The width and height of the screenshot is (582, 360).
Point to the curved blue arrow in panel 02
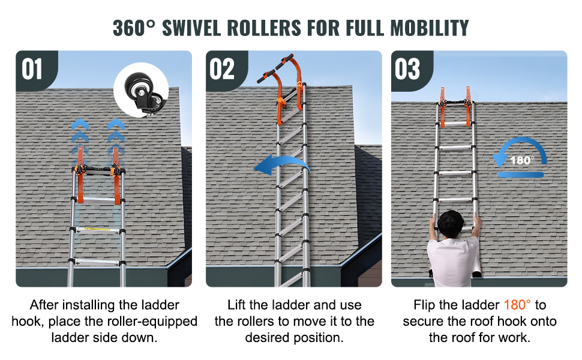tap(282, 161)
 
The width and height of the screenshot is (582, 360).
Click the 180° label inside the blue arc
tap(522, 160)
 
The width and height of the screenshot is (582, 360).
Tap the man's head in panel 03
tap(451, 224)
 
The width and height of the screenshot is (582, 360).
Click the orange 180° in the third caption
tap(517, 305)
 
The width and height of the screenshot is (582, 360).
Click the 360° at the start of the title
tap(134, 28)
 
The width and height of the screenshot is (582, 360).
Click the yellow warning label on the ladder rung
tap(97, 229)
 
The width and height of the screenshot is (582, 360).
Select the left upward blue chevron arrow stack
tap(80, 137)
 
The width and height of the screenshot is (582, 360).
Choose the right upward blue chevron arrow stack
tap(116, 137)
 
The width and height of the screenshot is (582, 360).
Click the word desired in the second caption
tap(268, 338)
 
